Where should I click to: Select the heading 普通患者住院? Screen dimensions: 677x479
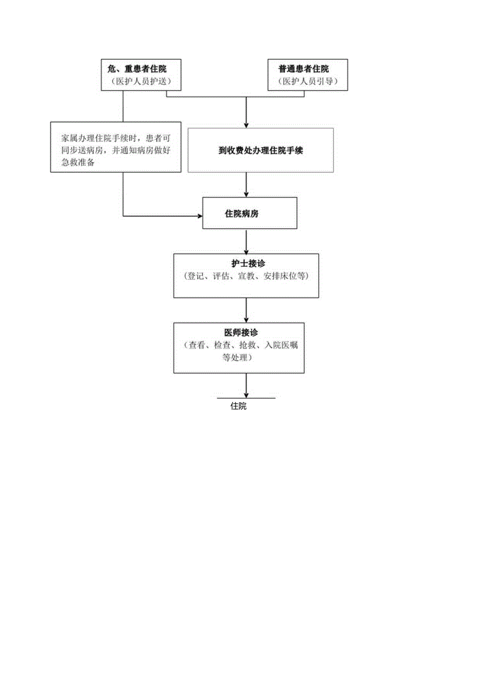(307, 68)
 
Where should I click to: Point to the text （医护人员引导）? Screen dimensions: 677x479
(307, 81)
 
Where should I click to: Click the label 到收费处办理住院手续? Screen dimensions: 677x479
(261, 151)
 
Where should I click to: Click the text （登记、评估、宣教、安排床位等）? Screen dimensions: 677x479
(246, 277)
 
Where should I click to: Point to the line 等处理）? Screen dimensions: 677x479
(237, 357)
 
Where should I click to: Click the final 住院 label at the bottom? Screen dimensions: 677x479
(238, 406)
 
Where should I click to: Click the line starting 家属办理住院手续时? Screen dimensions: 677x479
(116, 138)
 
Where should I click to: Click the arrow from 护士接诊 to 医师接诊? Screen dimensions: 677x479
(246, 311)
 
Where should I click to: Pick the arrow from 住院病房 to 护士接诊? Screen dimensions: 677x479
(246, 241)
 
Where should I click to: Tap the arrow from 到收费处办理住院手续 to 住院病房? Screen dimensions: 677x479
(246, 185)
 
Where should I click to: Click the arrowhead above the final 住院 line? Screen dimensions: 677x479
(246, 395)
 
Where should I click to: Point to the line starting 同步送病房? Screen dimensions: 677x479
(116, 150)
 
